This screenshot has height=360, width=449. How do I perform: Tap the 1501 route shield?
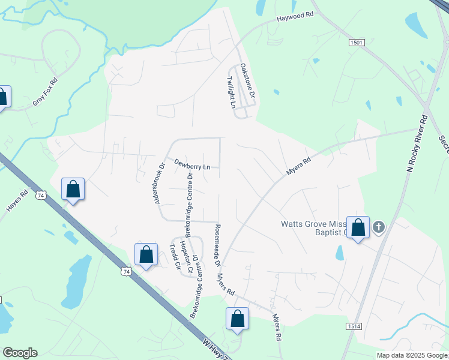(x=357, y=42)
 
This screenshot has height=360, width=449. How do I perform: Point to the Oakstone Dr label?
(x=248, y=81)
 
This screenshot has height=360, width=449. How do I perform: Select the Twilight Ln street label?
(x=232, y=92)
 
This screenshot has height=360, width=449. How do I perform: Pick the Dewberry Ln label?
(x=192, y=163)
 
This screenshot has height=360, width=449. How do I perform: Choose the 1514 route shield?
(x=353, y=326)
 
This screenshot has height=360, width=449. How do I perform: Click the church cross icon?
(x=378, y=227)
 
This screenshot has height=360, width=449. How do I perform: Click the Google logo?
(x=20, y=353)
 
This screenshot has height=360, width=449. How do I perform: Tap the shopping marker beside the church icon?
(x=358, y=228)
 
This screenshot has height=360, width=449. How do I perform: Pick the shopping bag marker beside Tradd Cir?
(x=146, y=255)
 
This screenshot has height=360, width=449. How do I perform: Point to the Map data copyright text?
(x=411, y=355)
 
